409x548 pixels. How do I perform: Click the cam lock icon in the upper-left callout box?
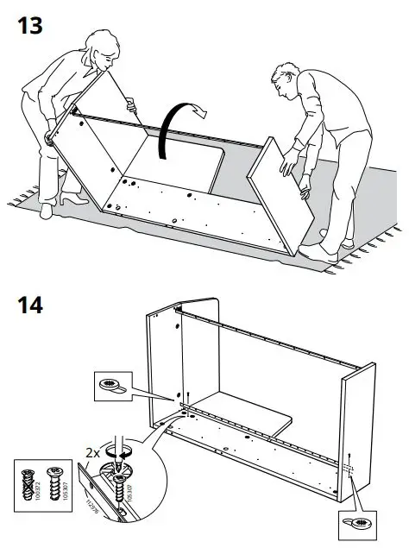coord(110,383)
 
